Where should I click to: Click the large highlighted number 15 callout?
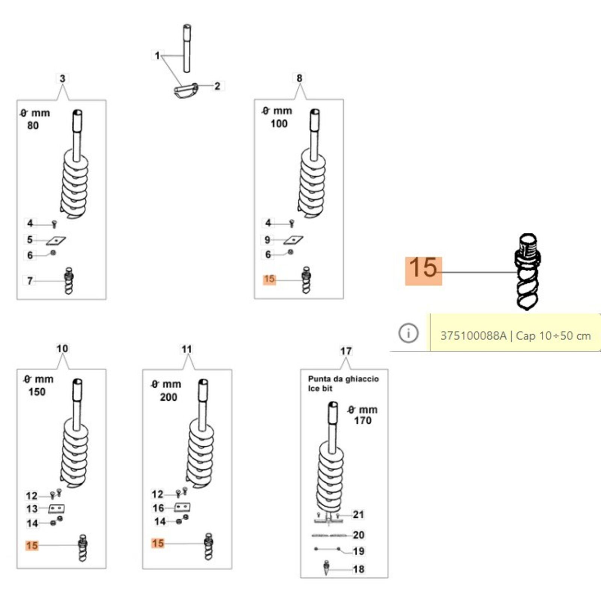423,271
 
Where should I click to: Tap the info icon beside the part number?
408,333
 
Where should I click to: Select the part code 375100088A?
473,335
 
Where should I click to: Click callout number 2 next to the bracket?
217,86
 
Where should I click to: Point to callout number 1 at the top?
157,56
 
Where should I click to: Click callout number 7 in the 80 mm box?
30,281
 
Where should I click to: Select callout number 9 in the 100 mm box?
267,240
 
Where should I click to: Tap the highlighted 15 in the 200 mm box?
158,543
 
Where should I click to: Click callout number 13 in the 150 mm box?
32,509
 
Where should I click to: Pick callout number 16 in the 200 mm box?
158,508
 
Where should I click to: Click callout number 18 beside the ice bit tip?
358,569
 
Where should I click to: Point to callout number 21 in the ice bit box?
358,514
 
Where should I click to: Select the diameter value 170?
362,420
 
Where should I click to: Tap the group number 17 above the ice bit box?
346,351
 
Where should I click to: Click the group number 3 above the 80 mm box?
62,79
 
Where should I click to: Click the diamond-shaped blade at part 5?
56,240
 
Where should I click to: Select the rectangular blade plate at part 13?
57,509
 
